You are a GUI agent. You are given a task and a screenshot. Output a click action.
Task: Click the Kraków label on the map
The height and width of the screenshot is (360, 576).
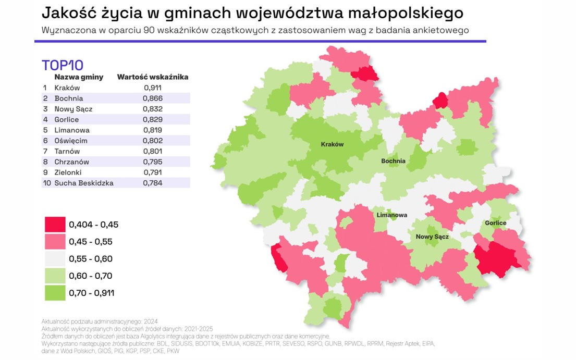332,145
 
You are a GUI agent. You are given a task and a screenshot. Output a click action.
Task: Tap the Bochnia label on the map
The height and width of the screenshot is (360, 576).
393,161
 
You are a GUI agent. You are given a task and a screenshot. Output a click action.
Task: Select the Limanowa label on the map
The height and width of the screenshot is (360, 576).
391,215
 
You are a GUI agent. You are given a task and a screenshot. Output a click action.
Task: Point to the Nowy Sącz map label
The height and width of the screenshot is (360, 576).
432,237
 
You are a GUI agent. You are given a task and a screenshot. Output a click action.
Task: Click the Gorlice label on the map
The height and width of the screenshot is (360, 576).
495,223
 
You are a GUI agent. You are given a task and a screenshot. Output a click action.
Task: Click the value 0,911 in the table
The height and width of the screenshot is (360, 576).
153,88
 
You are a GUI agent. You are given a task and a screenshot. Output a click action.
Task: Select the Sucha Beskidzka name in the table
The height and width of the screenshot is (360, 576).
84,183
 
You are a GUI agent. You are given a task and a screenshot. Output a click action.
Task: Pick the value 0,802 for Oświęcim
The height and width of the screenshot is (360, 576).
153,141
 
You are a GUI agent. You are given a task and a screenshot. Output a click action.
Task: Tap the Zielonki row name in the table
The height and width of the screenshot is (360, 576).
68,172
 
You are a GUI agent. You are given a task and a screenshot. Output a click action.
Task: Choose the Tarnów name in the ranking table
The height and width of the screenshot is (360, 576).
67,151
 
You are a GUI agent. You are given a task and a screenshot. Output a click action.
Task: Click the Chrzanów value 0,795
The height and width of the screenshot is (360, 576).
153,162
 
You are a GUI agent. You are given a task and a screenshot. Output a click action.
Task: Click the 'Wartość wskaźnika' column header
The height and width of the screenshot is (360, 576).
153,77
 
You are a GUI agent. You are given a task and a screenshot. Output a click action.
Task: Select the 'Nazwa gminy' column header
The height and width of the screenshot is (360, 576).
79,77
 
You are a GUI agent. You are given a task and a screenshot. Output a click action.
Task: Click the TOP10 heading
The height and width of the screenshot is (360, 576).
63,65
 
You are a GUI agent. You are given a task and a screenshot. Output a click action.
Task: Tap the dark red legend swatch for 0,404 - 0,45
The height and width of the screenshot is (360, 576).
55,225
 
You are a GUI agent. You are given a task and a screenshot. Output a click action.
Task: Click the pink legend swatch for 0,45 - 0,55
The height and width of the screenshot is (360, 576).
55,242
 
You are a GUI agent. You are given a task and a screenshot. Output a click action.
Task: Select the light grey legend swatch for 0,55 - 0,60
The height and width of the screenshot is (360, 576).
55,259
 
